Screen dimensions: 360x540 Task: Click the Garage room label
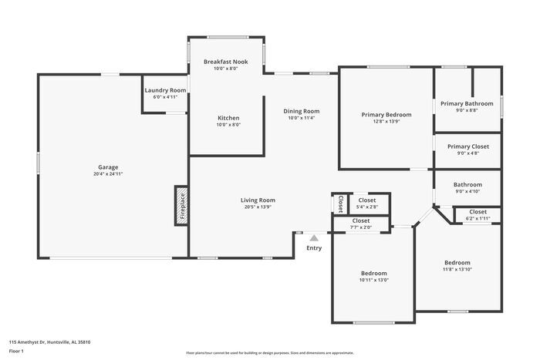tap(108, 167)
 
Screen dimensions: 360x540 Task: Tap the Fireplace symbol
tap(182, 206)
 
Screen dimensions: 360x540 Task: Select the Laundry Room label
tap(165, 90)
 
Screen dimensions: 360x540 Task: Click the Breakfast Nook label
tap(226, 61)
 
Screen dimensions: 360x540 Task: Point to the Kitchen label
tap(228, 118)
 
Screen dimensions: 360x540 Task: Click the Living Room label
tap(258, 200)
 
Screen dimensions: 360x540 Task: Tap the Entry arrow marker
tap(314, 238)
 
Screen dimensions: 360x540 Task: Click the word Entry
tap(314, 247)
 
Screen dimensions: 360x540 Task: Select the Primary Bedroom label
tap(386, 115)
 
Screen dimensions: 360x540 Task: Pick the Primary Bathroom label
tap(467, 103)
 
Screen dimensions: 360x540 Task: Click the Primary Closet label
tap(467, 146)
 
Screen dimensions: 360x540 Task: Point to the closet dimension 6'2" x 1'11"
tap(478, 219)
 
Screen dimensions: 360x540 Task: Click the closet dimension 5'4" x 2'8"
tap(367, 207)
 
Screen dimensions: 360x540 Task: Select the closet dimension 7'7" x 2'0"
tap(361, 227)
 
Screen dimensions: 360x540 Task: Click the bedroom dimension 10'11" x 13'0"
tap(374, 280)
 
